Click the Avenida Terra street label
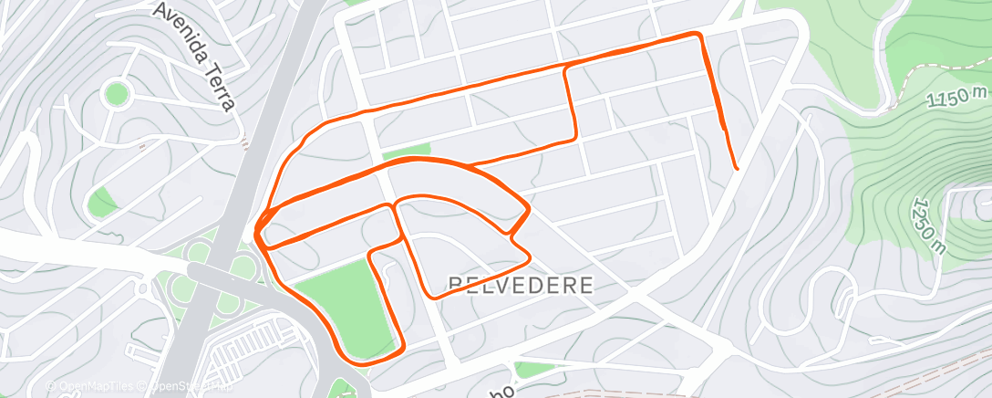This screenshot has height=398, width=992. [195, 55]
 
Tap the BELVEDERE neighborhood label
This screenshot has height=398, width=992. [521, 286]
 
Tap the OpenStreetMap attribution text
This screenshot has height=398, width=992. [191, 387]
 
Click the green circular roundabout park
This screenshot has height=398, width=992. [116, 93]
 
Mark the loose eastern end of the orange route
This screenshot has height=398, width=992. [736, 168]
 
